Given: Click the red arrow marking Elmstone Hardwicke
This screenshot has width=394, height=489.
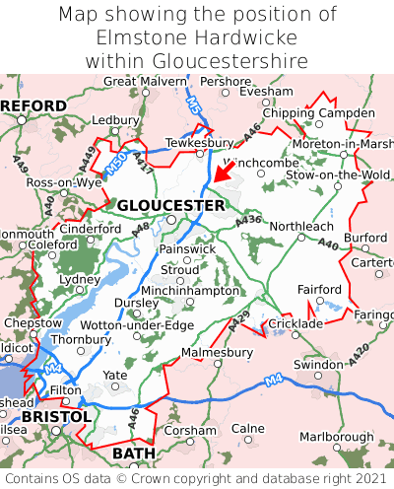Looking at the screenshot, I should tap(226, 172).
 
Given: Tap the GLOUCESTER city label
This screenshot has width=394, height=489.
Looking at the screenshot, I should tap(170, 205).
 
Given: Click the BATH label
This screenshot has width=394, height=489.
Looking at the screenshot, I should tap(134, 453).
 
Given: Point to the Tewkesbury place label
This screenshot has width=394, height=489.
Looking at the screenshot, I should tap(199, 142).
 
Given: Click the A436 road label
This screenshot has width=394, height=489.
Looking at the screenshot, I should tap(249, 220).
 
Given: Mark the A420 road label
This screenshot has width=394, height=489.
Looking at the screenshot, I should tap(358, 347).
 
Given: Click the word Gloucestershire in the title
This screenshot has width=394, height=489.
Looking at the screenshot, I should tap(197, 61).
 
